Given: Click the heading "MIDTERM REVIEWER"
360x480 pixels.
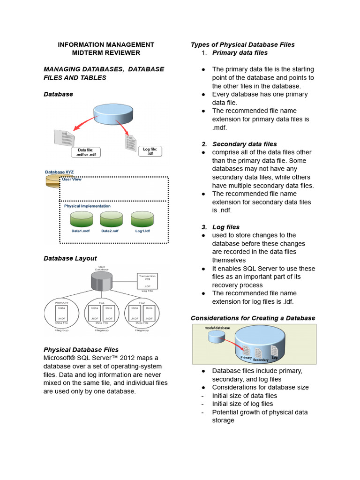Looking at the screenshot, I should coord(105,52).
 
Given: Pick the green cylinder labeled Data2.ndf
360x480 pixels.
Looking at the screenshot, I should coord(111,219).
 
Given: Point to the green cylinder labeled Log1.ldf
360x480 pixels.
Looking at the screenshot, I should coord(142,219).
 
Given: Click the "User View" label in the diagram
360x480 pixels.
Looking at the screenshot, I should coord(73,179).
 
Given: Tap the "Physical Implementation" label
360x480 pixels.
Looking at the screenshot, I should coord(87,206).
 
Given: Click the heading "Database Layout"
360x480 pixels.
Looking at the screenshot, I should coord(70,258).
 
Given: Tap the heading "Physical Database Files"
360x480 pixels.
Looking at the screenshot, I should coord(81,350).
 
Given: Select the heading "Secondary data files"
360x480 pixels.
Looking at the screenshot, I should coord(244,144).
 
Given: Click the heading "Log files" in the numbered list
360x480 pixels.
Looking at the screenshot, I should coord(226,227).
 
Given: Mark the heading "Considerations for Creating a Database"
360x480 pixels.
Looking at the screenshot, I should coord(253,318).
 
